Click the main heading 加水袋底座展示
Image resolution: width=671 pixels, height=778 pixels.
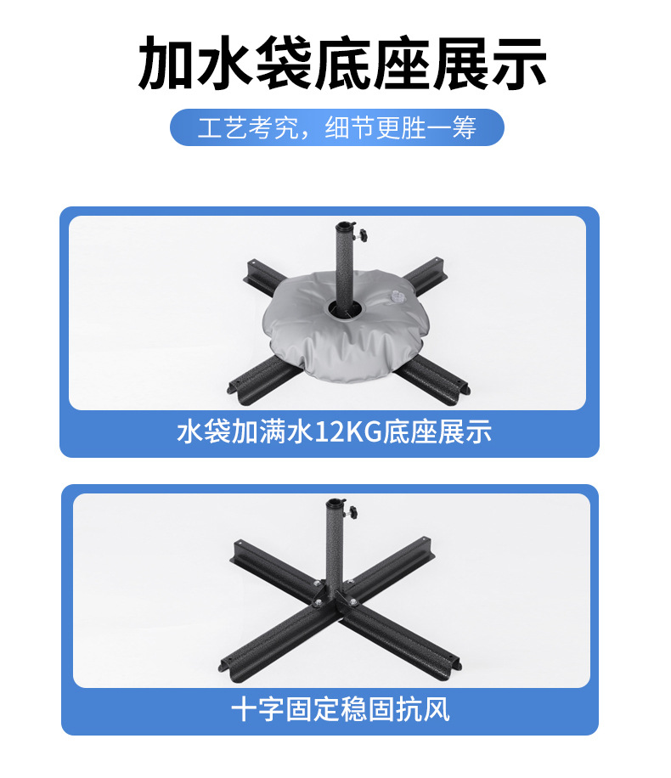click(342, 63)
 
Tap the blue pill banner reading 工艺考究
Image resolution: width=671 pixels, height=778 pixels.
click(337, 127)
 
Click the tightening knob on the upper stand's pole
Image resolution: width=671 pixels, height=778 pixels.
click(364, 234)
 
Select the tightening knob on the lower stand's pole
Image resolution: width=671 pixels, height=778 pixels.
click(352, 512)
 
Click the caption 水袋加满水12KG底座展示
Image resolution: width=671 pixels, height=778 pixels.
click(334, 431)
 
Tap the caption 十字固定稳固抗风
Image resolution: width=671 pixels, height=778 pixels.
click(341, 709)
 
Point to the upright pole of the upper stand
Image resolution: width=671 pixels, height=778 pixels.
click(345, 268)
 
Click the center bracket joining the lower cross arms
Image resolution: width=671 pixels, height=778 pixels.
click(334, 595)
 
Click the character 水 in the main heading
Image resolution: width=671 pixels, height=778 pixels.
click(224, 63)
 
